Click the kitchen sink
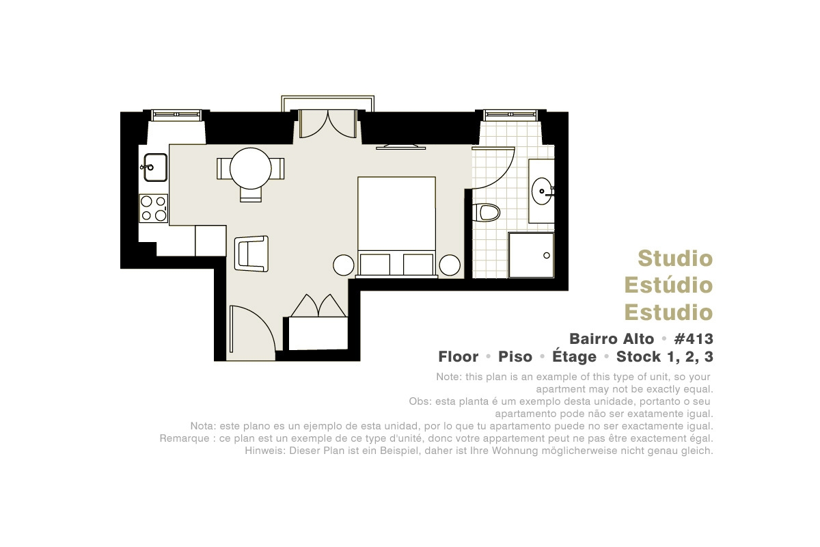(156, 168)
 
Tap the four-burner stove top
(153, 208)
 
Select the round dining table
(250, 168)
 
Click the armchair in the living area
(251, 254)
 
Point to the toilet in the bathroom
(486, 213)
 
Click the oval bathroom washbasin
(543, 191)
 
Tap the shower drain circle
(547, 255)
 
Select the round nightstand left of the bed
(343, 265)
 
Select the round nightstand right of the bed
(450, 265)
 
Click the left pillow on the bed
(375, 264)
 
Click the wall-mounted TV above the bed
(401, 147)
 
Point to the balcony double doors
(327, 124)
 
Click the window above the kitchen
(176, 115)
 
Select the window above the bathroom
(510, 115)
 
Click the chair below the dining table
(251, 195)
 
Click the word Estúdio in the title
(668, 285)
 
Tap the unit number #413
(694, 339)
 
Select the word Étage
(574, 356)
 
